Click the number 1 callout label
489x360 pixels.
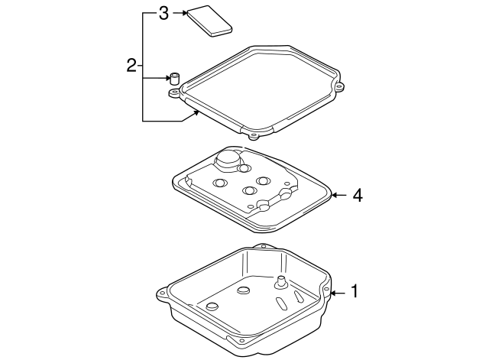point(354,290)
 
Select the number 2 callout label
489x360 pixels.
point(131,66)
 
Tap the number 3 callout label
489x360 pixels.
point(162,13)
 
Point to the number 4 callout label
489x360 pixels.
point(356,196)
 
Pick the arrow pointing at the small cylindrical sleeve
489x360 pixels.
point(161,77)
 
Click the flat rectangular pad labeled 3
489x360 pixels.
point(211,20)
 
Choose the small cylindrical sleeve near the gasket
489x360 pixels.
point(174,77)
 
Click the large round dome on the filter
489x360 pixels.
point(228,160)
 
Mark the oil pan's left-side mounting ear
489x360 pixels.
point(162,292)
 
